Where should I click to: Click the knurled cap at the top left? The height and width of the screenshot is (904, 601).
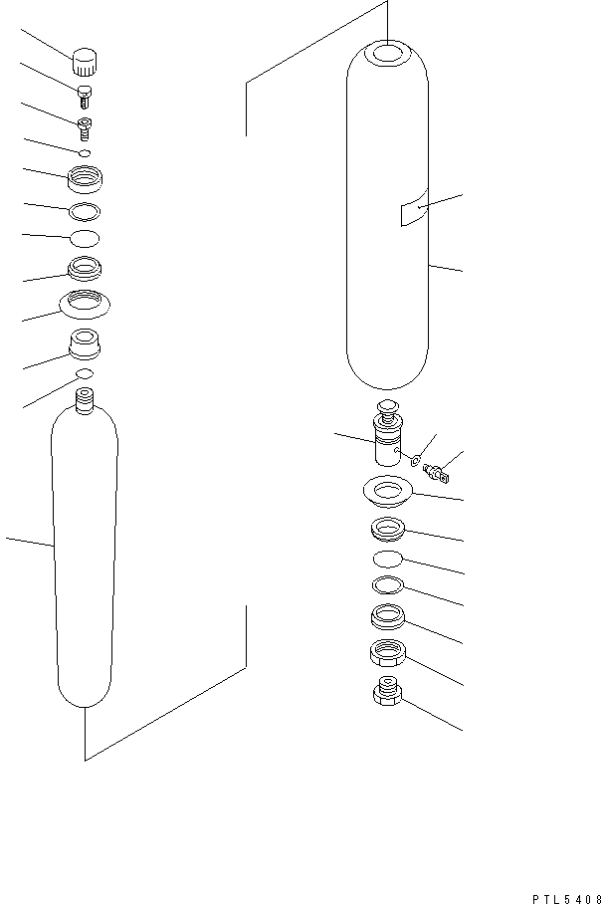(x=87, y=63)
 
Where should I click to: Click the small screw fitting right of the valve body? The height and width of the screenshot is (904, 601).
(x=435, y=469)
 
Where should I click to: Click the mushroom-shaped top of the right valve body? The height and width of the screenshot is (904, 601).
(x=386, y=406)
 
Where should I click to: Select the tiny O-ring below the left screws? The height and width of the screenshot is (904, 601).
(x=85, y=152)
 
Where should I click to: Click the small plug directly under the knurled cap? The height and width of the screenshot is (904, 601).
(x=85, y=95)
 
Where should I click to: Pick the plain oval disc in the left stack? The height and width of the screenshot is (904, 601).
(x=85, y=237)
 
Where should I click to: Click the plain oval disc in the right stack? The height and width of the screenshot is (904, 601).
(x=386, y=559)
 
